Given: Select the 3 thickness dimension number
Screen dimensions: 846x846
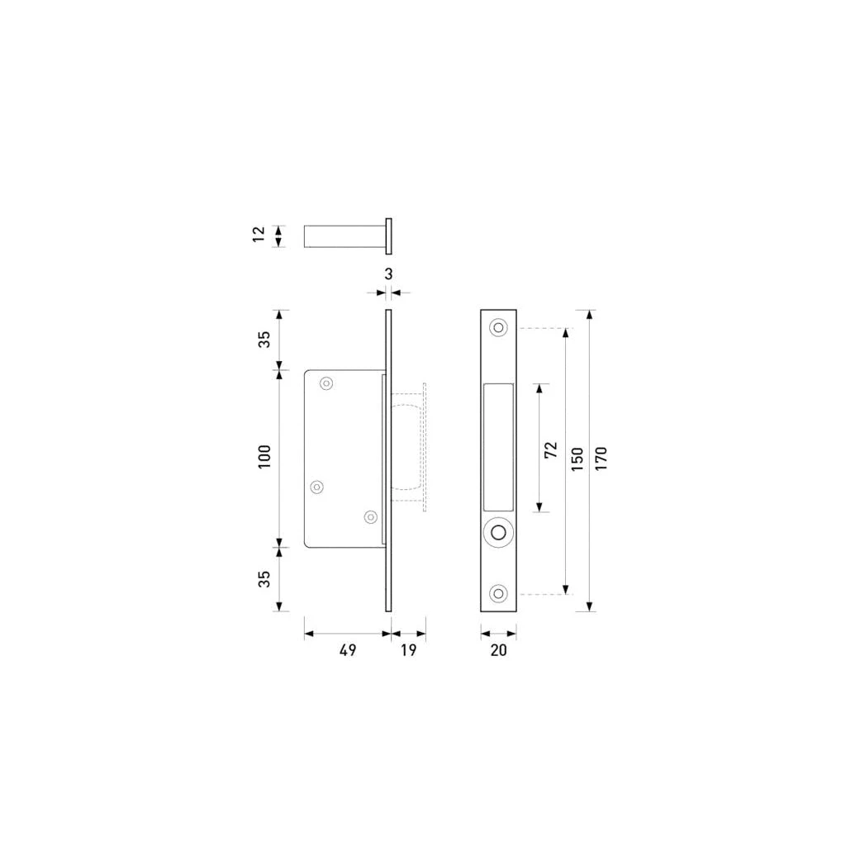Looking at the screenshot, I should [388, 273].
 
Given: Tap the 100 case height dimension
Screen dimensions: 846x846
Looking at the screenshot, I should [264, 457].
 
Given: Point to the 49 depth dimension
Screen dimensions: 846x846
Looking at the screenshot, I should [348, 650].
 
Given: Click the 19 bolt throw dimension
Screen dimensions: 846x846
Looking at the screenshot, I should [408, 650].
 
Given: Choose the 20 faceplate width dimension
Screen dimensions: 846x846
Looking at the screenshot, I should [498, 650].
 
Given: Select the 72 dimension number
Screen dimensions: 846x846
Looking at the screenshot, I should [551, 449].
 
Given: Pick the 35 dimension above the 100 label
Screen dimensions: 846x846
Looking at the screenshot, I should [264, 340].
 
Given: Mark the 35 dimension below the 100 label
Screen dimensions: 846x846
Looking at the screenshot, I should [264, 579].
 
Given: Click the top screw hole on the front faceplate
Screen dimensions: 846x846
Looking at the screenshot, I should [498, 328].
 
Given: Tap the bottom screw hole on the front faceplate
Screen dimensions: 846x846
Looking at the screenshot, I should [498, 593].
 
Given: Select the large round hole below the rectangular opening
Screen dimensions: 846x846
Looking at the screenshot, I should [498, 533].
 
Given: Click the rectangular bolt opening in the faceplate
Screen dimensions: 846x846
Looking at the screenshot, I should [498, 447].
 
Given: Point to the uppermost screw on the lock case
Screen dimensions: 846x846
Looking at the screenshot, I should [326, 383].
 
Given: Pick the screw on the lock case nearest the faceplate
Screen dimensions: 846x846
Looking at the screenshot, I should [370, 517].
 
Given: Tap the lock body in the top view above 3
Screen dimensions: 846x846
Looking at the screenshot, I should [343, 236].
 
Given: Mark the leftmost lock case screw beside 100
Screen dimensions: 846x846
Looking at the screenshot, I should [316, 487].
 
